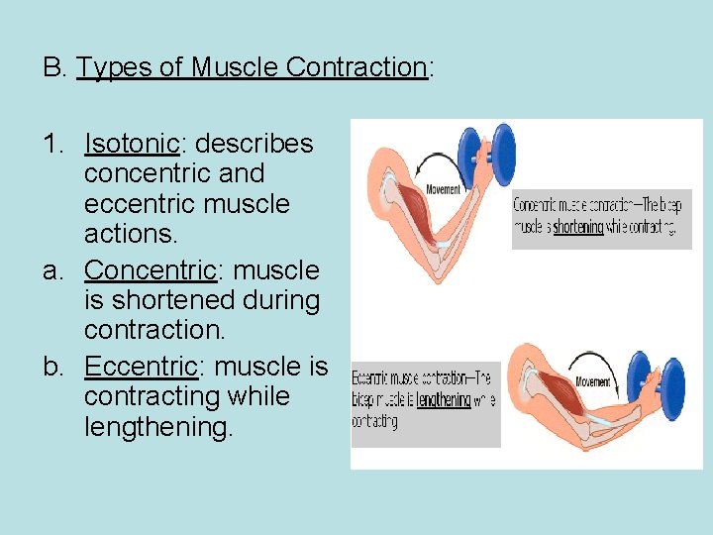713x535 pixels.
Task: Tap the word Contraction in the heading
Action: point(356,67)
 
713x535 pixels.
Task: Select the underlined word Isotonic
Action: point(132,144)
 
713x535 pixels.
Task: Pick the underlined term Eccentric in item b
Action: point(142,366)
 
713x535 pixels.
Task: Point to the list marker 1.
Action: point(54,144)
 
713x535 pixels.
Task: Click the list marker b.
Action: point(53,366)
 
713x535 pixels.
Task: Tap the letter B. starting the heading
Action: point(53,67)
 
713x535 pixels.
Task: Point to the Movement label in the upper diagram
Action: point(443,188)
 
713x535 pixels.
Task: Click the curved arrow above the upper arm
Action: point(446,159)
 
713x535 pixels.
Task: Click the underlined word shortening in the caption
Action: point(578,226)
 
